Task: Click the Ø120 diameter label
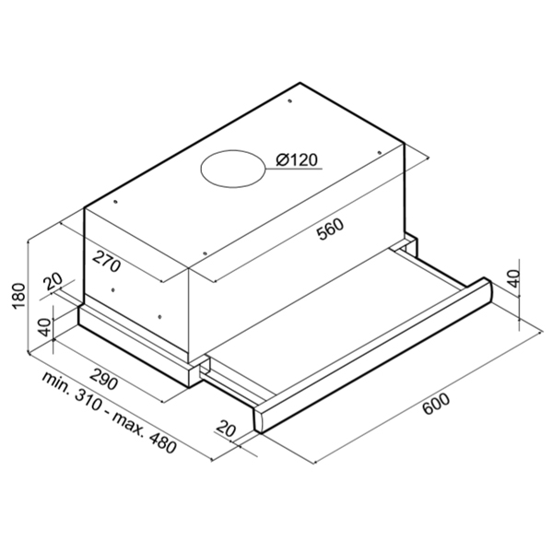pyautogui.click(x=296, y=160)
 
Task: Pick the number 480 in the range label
pyautogui.click(x=162, y=444)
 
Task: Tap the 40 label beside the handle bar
pyautogui.click(x=514, y=277)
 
